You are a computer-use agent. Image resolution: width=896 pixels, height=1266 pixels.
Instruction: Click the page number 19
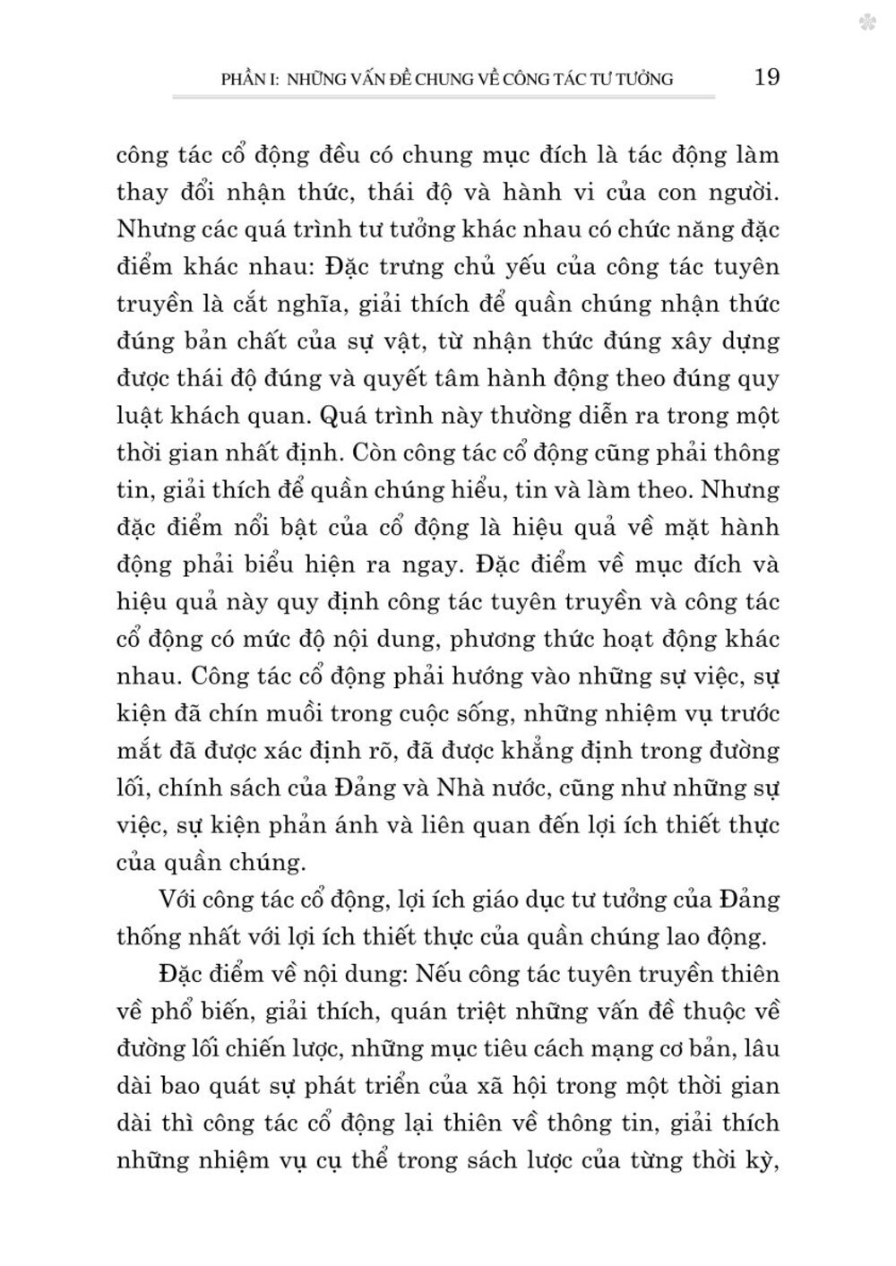[768, 77]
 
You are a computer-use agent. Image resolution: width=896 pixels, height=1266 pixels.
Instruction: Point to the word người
[738, 192]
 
